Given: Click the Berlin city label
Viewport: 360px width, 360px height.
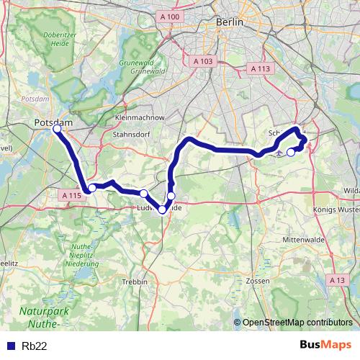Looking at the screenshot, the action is click(230, 22).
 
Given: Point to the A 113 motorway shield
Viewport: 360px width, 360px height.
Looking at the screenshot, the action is click(259, 68).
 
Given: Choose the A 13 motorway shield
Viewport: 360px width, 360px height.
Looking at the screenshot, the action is click(336, 279).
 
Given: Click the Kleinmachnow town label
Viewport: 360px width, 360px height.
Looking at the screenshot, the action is click(140, 117).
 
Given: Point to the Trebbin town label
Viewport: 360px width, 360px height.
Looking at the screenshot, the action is click(135, 281).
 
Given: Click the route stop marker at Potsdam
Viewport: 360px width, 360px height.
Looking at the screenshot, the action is click(58, 130).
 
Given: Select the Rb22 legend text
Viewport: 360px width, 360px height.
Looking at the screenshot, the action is click(35, 345).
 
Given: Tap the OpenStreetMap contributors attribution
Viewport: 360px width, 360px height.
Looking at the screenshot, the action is click(297, 322).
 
